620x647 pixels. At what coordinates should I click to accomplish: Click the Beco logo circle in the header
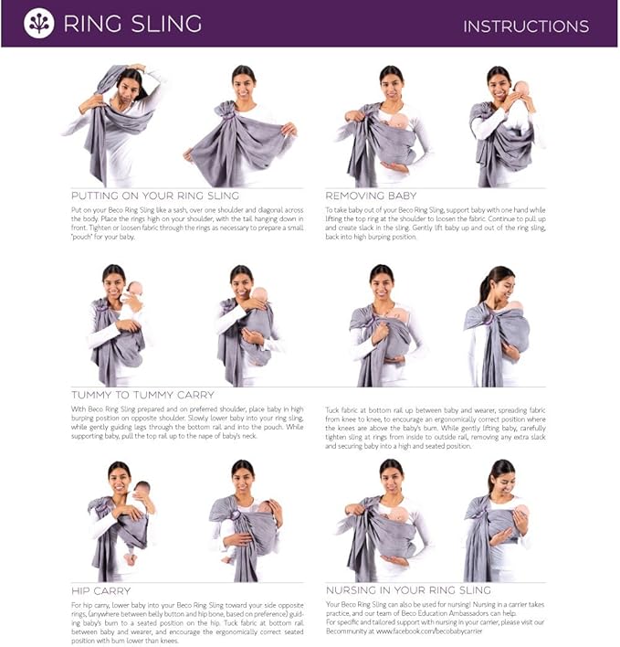pos(38,23)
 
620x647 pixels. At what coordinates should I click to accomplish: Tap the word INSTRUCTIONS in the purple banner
pos(526,26)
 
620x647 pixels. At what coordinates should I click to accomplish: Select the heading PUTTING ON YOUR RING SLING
pos(154,196)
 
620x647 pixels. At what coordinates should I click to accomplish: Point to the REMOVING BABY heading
pos(371,196)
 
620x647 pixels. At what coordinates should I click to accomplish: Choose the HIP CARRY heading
pos(100,590)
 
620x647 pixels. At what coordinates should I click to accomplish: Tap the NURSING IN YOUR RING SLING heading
pos(408,590)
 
